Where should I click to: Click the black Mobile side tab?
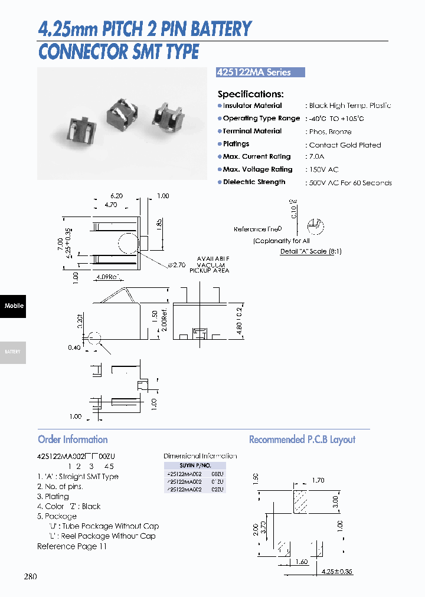[x=13, y=306]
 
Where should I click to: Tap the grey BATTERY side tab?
[x=13, y=352]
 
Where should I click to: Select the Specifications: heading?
[x=250, y=94]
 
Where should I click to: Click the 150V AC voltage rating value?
[x=323, y=170]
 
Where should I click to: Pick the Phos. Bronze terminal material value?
[x=330, y=132]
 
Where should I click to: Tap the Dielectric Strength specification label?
[x=254, y=182]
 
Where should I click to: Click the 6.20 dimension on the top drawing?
[x=116, y=196]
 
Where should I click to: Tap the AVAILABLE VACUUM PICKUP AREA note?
[x=209, y=265]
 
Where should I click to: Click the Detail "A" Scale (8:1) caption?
[x=310, y=251]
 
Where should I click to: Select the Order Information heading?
[x=73, y=439]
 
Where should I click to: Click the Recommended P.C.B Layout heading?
[x=302, y=439]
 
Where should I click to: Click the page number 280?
[x=30, y=576]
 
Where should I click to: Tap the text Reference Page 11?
[x=72, y=546]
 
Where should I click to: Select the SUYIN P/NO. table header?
[x=194, y=465]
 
